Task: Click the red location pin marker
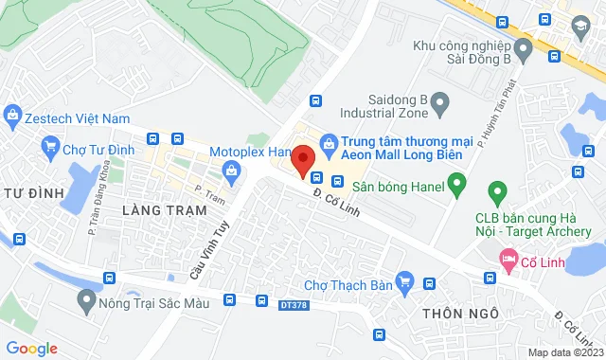point(303,161)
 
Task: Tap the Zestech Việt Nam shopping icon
point(13,118)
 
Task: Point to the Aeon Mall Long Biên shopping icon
point(329,143)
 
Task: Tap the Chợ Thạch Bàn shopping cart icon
point(405,280)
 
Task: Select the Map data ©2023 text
point(564,352)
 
